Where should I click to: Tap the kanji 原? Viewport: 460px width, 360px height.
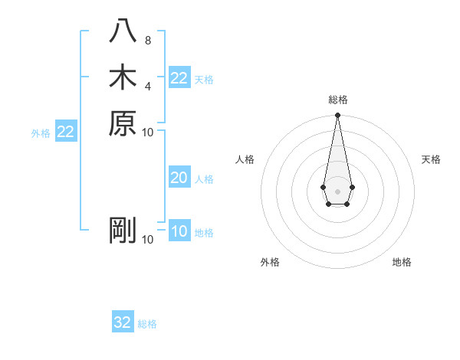[x=123, y=123]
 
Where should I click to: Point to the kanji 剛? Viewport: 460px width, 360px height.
[x=123, y=230]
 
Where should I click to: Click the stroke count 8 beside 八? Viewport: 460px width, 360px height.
[x=148, y=41]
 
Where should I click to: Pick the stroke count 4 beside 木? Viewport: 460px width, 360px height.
[x=148, y=86]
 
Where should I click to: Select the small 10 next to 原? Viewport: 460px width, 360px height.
[x=148, y=132]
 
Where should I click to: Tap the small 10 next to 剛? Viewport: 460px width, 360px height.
[x=148, y=239]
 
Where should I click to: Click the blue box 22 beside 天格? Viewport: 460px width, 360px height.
[x=179, y=78]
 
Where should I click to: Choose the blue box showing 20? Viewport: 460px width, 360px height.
[x=179, y=178]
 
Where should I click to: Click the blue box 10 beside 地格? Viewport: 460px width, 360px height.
[x=179, y=232]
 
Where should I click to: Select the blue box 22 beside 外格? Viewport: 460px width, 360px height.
[x=66, y=133]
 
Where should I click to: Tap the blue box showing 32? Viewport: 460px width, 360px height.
[x=123, y=322]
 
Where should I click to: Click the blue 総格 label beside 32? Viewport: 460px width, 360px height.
[x=147, y=324]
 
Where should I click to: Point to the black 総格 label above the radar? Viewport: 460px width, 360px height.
[x=337, y=100]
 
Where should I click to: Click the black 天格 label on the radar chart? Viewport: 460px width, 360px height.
[x=431, y=159]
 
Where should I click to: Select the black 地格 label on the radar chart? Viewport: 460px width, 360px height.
[x=402, y=262]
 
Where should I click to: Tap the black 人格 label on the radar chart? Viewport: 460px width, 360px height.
[x=245, y=159]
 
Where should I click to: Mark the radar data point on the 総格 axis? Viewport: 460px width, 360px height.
[x=337, y=116]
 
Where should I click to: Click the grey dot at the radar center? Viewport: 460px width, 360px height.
[x=337, y=191]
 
